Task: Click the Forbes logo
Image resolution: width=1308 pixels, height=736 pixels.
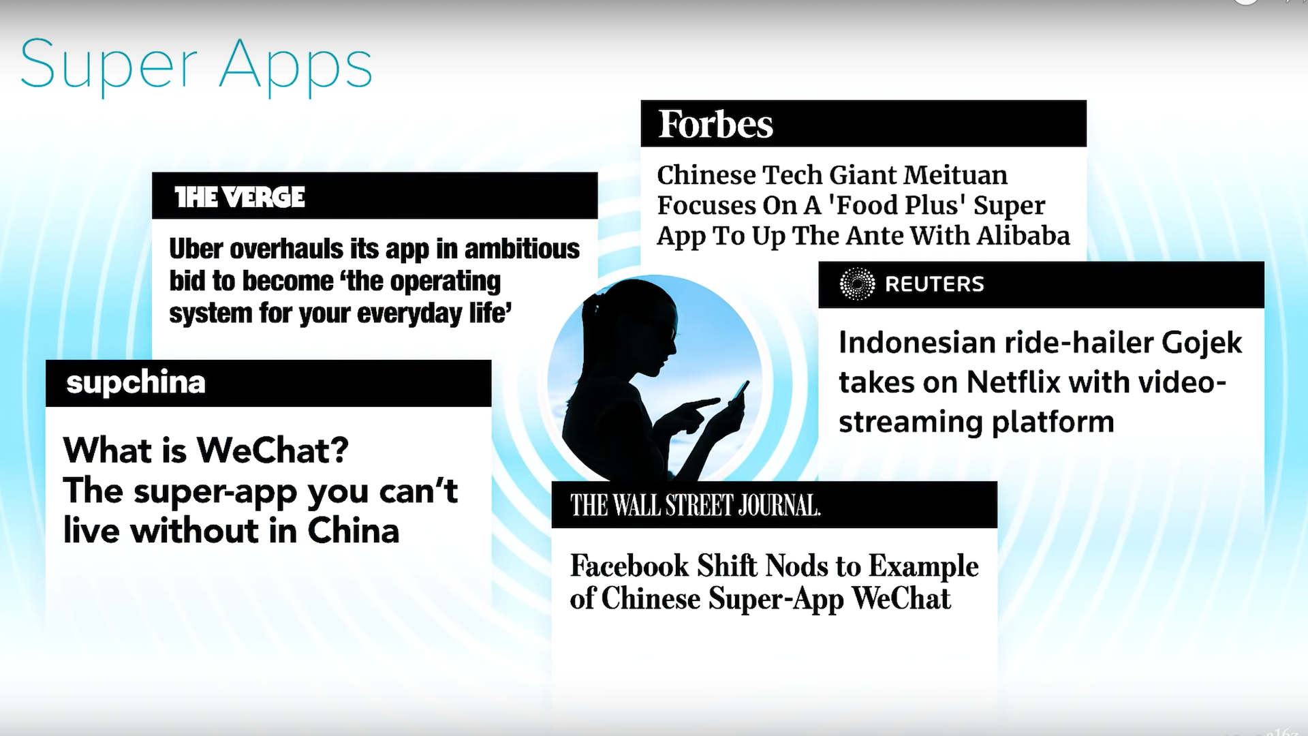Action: point(715,124)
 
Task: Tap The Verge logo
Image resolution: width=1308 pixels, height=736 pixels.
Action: point(240,197)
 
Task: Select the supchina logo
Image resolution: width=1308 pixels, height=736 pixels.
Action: point(136,382)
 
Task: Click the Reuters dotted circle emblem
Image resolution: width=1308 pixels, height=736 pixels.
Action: point(857,284)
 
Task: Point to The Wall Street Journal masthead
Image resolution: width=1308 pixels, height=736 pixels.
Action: point(696,506)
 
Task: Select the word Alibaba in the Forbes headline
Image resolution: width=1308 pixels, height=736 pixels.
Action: point(1023,236)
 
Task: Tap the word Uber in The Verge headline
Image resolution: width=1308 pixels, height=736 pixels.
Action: point(196,249)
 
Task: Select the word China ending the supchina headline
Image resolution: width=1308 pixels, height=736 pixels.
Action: point(353,531)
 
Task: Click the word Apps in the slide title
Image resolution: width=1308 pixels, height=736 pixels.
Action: point(296,66)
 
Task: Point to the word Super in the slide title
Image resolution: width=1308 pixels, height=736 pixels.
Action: point(109,66)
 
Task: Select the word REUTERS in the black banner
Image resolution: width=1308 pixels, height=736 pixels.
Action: point(934,284)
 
